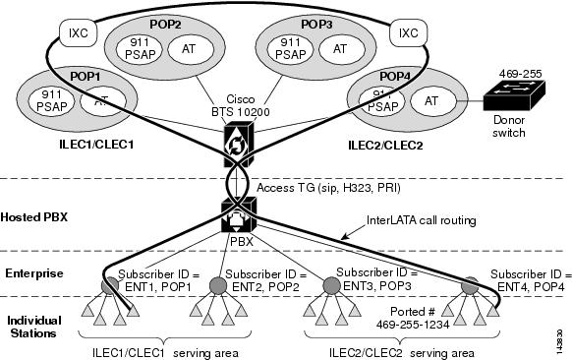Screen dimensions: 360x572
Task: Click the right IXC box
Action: pyautogui.click(x=405, y=32)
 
